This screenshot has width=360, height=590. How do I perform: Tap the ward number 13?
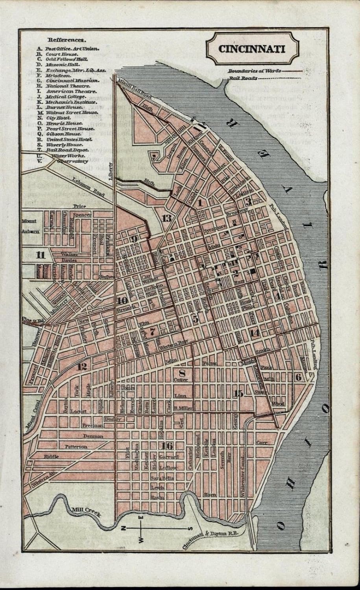(166, 218)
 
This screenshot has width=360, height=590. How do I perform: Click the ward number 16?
(167, 445)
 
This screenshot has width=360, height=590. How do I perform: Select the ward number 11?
(40, 254)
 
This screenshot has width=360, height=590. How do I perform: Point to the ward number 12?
(82, 367)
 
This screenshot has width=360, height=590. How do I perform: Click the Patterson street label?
(75, 446)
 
